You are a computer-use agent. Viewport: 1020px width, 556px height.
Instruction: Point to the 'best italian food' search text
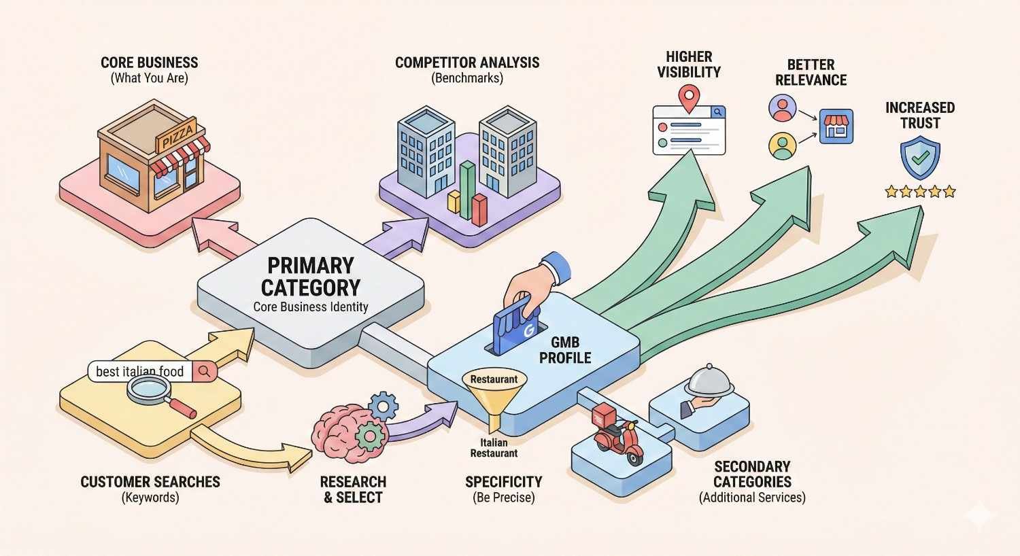[140, 372]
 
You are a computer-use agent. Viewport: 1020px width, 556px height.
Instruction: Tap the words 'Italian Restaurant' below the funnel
[494, 448]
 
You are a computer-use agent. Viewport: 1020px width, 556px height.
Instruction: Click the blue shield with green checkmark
[919, 158]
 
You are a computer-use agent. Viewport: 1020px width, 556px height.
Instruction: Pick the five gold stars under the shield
[920, 192]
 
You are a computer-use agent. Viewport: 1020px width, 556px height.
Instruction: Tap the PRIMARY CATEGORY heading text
[311, 277]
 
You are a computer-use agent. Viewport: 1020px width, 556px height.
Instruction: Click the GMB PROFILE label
[565, 351]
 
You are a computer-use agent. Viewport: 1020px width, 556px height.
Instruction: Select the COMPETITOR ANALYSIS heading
[467, 63]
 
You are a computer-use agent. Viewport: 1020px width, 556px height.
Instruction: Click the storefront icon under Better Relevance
[836, 126]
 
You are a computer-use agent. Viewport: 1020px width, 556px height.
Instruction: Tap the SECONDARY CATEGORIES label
[752, 474]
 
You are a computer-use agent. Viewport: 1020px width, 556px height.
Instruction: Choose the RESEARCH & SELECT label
[353, 489]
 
